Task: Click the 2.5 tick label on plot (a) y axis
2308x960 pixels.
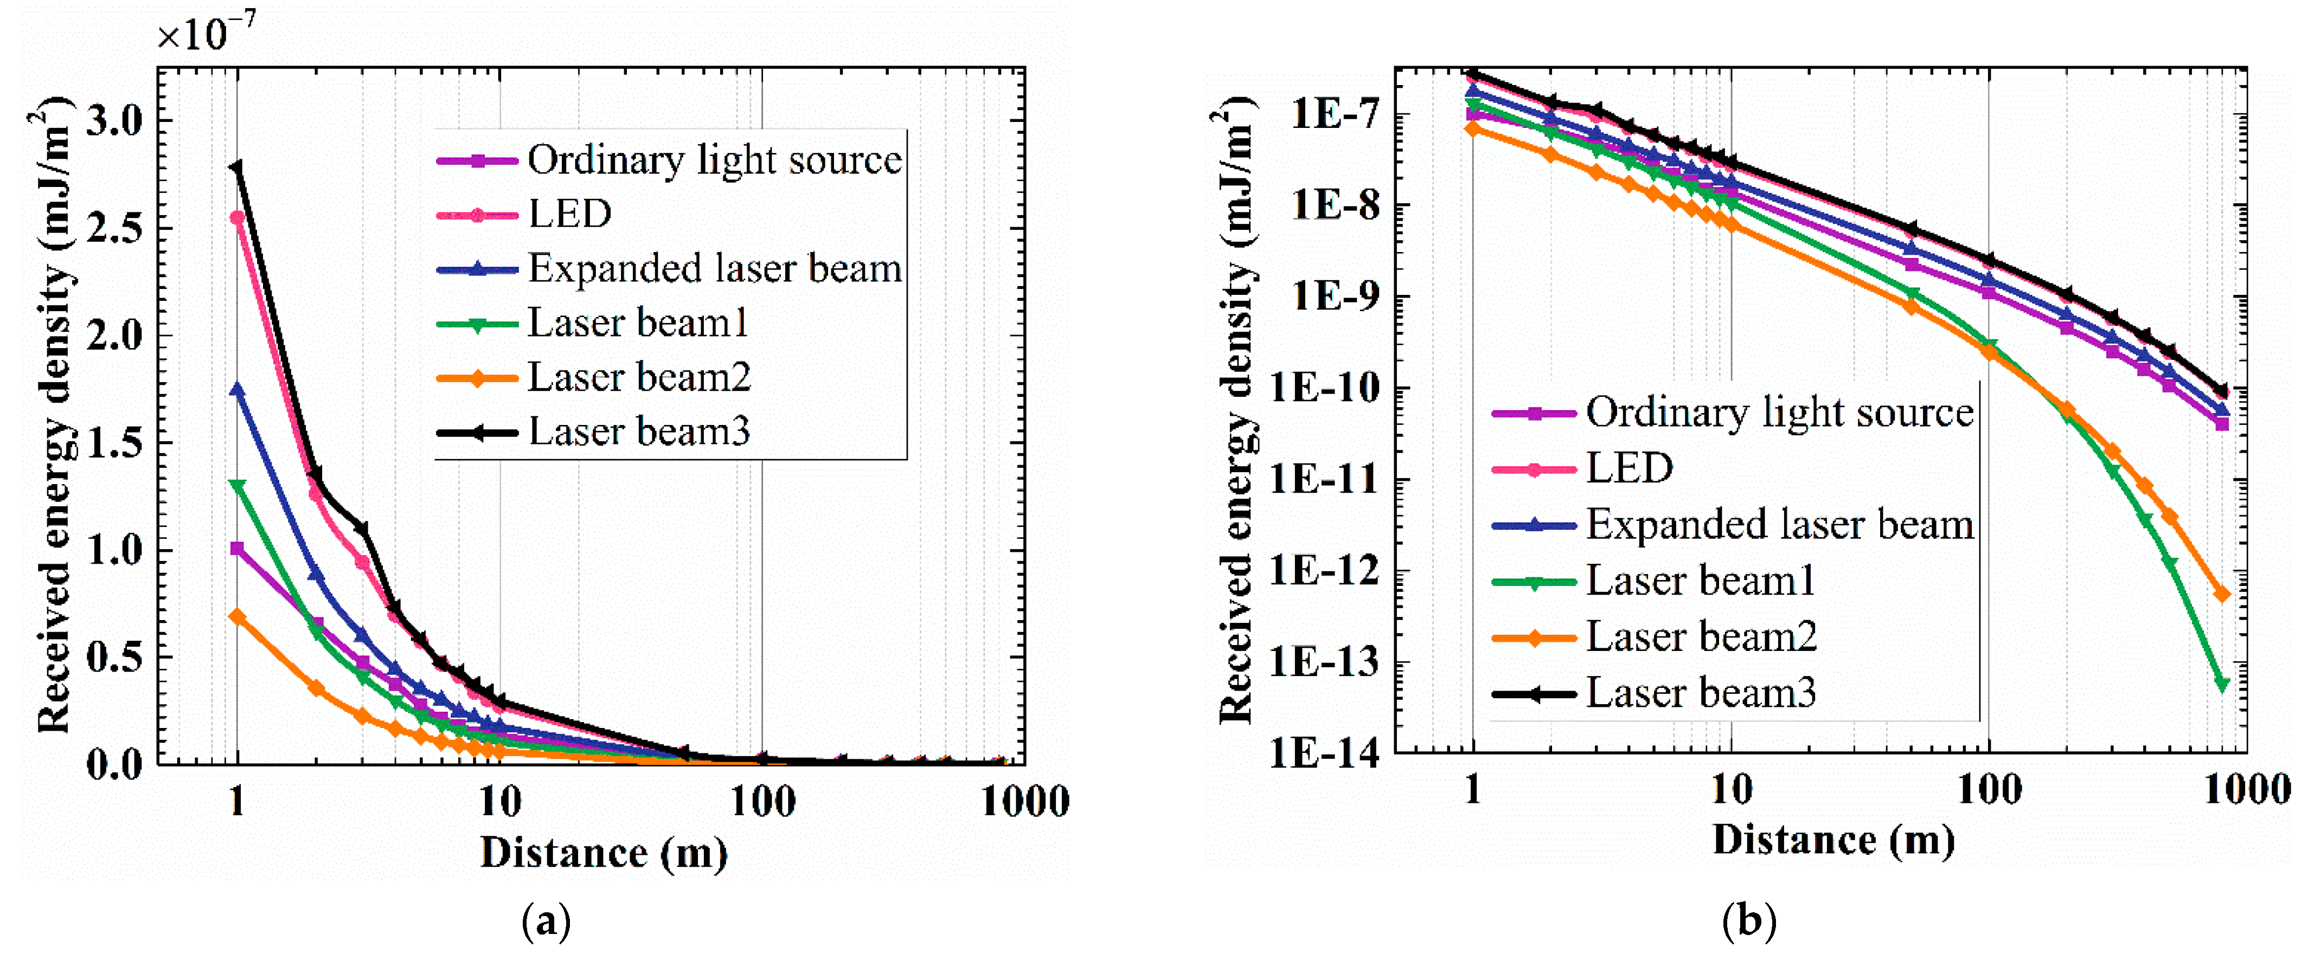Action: point(114,228)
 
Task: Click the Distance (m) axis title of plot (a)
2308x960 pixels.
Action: point(604,853)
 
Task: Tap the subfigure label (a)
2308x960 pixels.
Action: point(546,922)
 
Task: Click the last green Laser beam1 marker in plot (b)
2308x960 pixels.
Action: point(2221,684)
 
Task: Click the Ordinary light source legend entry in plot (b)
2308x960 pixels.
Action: point(1779,413)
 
